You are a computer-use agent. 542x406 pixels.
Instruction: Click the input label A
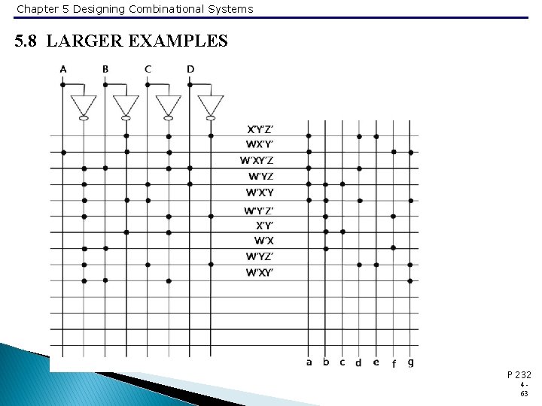click(x=63, y=69)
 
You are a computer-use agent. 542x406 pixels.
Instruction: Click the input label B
click(x=105, y=69)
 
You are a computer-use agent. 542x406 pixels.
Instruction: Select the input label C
click(x=148, y=69)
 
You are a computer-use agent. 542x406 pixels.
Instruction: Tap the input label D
click(x=190, y=69)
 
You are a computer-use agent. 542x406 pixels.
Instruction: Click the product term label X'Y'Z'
click(x=260, y=129)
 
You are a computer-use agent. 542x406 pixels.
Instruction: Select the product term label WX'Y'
click(x=260, y=144)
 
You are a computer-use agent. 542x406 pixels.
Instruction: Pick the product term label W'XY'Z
click(x=257, y=160)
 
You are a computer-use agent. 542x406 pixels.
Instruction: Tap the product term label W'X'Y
click(x=260, y=192)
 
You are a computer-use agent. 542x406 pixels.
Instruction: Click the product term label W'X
click(x=263, y=241)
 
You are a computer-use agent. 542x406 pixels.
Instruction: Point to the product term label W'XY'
click(x=260, y=273)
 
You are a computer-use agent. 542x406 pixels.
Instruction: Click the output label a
click(x=309, y=362)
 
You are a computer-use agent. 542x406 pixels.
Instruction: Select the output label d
click(x=358, y=363)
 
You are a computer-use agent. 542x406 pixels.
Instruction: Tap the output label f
click(x=394, y=364)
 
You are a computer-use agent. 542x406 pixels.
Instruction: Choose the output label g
click(x=410, y=362)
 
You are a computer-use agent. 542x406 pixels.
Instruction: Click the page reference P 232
click(x=519, y=374)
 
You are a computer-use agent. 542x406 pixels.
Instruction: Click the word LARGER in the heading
click(x=86, y=41)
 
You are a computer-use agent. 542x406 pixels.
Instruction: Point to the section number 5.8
click(x=28, y=41)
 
